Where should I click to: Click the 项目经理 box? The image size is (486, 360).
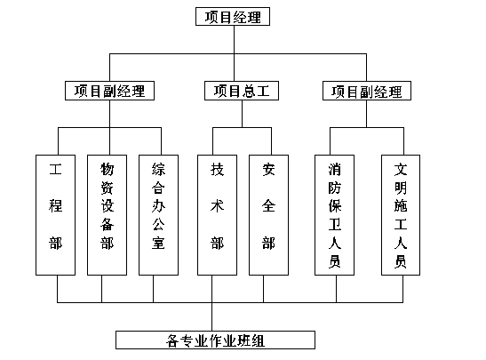(x=233, y=16)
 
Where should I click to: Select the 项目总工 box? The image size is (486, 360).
(x=242, y=91)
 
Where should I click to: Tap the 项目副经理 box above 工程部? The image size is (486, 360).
(x=109, y=91)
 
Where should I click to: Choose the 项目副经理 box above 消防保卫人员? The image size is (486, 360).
(x=367, y=91)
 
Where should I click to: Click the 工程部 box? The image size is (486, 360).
(x=55, y=215)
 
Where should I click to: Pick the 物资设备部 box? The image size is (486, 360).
(x=107, y=215)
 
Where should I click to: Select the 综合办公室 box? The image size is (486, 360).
(x=158, y=215)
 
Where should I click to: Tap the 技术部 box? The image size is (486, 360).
(x=217, y=215)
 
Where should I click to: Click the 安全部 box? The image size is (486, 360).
(x=268, y=215)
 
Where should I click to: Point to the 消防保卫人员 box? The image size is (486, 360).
(x=334, y=215)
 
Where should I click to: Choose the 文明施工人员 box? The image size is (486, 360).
(x=401, y=215)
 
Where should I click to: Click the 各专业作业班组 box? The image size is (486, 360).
(x=215, y=340)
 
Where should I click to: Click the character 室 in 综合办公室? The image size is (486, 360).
(x=158, y=243)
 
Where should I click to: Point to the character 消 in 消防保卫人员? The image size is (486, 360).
(x=335, y=170)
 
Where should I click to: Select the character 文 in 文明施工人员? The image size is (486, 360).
(x=401, y=170)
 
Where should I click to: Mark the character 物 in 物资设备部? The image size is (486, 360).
(x=107, y=169)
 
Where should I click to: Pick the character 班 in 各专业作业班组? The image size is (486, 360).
(x=244, y=340)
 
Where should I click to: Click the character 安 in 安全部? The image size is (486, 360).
(x=268, y=169)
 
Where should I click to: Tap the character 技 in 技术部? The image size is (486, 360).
(x=217, y=169)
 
